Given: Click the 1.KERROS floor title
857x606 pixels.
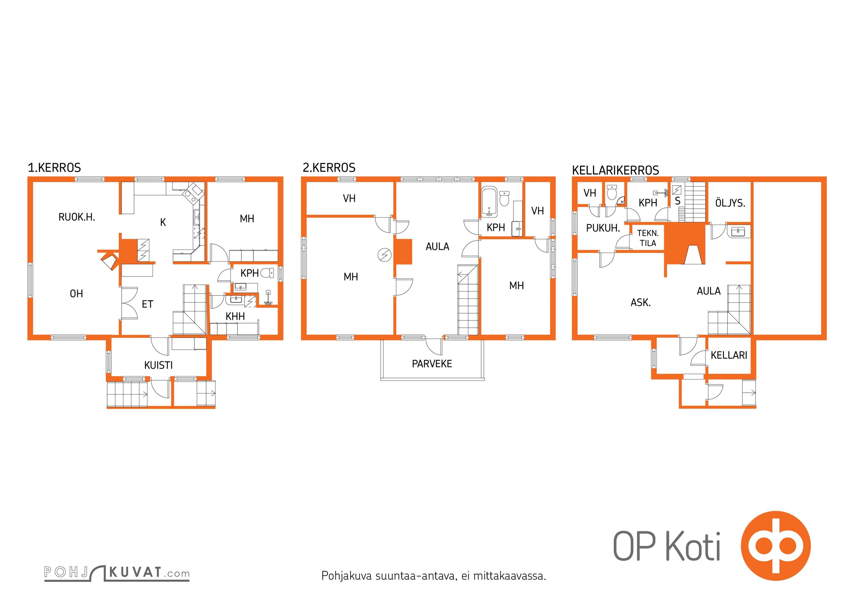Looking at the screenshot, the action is [x=54, y=168].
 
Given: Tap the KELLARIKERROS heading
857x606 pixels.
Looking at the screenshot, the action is [x=615, y=170].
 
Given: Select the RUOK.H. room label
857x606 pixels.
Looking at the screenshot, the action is [x=77, y=217].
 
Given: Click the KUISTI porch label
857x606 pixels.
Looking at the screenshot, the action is [x=158, y=365].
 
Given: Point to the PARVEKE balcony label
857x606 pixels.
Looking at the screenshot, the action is [x=432, y=364].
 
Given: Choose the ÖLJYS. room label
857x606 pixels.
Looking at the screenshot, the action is [x=730, y=203].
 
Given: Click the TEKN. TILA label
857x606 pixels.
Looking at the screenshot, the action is [x=648, y=238].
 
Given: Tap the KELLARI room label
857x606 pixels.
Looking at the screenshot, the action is [x=729, y=355].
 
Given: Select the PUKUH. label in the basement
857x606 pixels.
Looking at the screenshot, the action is [x=603, y=228].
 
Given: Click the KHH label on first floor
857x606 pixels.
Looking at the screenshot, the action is [x=235, y=317].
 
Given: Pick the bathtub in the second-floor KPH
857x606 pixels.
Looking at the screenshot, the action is [x=489, y=202].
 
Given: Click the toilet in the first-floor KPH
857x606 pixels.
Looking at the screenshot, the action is [x=267, y=273].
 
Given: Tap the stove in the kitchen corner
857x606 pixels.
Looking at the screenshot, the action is [x=193, y=192].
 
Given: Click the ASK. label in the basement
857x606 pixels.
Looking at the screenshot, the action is [x=641, y=303].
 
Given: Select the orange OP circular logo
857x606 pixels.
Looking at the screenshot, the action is [x=776, y=546].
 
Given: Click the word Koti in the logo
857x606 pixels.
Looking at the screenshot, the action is [x=693, y=546].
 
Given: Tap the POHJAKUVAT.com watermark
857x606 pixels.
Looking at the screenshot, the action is [x=117, y=573].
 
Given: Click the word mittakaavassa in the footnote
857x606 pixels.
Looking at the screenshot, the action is [x=509, y=576].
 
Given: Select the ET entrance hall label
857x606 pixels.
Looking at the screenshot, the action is [x=147, y=304].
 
